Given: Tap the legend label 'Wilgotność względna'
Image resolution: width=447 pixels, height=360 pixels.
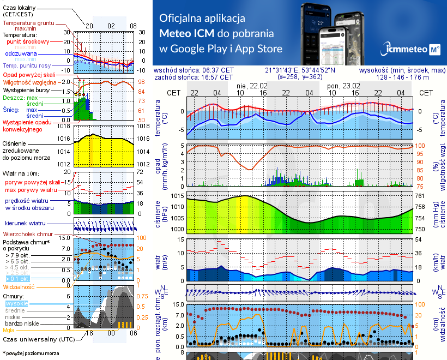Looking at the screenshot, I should (29, 82).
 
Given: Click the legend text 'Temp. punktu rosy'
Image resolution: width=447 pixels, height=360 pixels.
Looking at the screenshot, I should (28, 65).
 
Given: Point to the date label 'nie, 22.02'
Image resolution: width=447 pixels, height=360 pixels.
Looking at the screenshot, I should (252, 86).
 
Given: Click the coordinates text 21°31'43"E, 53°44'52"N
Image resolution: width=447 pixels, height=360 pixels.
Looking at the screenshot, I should (300, 70).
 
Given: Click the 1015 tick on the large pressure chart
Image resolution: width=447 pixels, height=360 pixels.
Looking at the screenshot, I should (177, 196).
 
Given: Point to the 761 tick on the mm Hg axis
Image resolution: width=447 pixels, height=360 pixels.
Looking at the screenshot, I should (419, 196).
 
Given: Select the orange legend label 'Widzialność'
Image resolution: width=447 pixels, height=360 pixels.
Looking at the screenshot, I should (19, 286).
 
